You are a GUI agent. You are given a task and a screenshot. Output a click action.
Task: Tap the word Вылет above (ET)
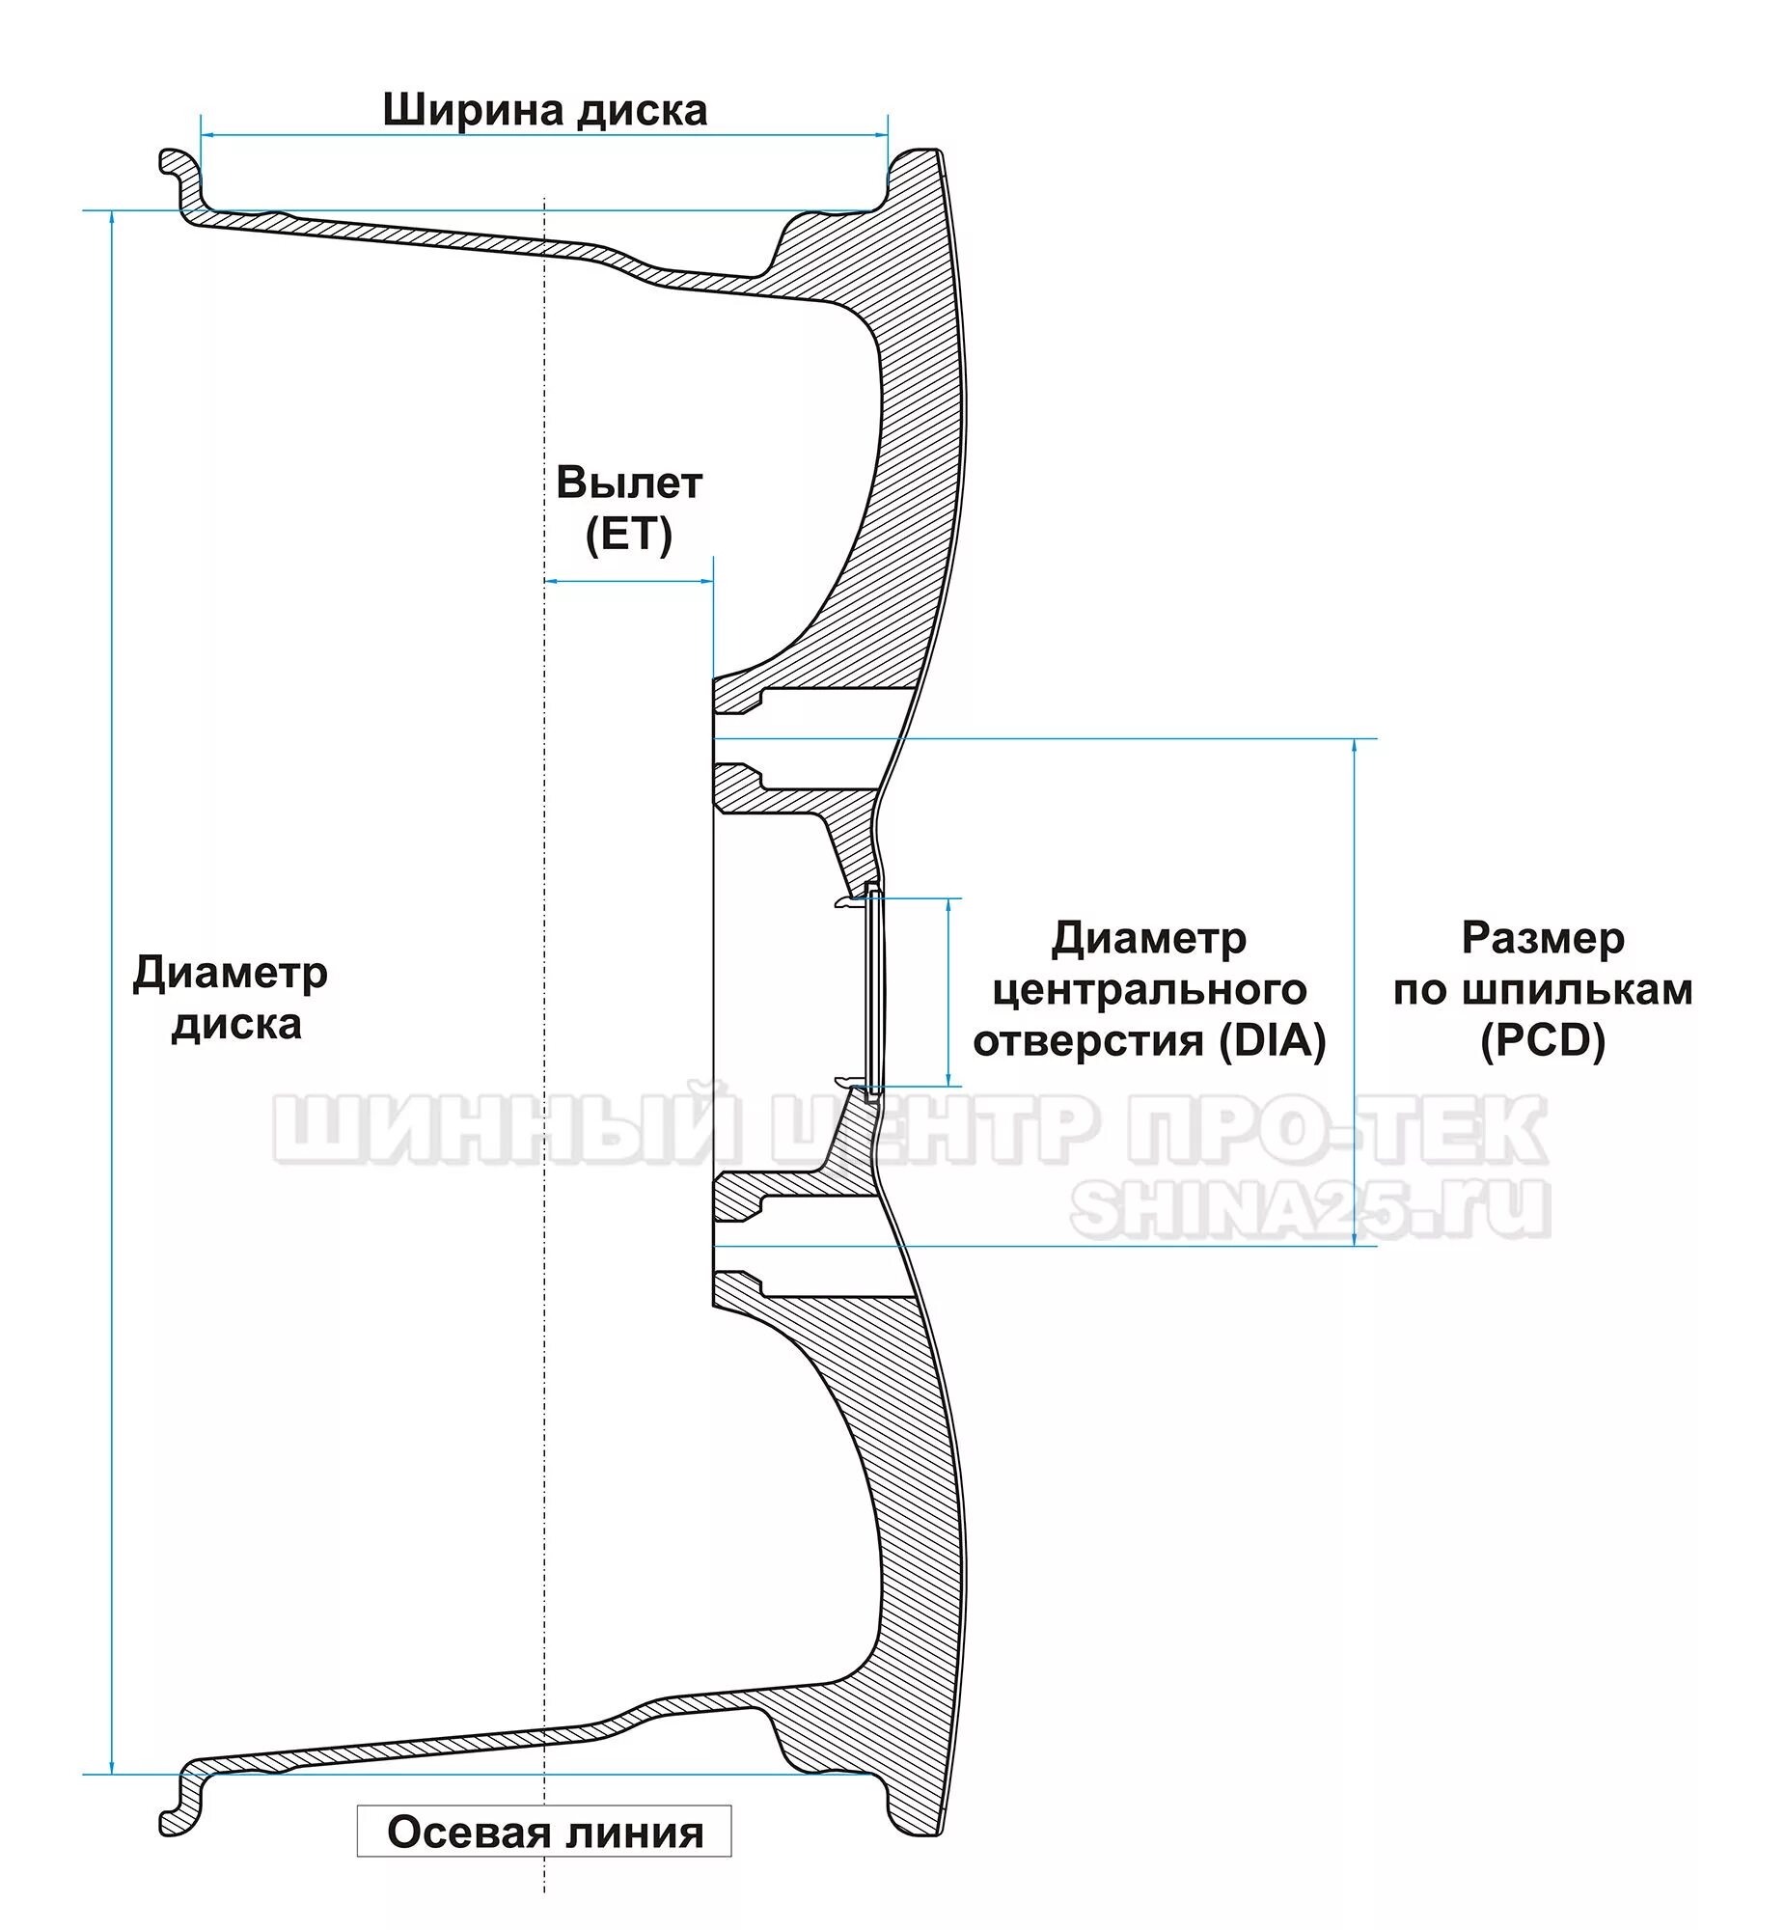pyautogui.click(x=629, y=484)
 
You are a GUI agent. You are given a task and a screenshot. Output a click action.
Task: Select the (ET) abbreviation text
pyautogui.click(x=629, y=536)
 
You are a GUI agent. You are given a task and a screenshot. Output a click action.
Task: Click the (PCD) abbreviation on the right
pyautogui.click(x=1543, y=1041)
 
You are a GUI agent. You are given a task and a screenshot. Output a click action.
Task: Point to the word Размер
pyautogui.click(x=1543, y=938)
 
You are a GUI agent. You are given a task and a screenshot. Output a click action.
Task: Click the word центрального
pyautogui.click(x=1149, y=990)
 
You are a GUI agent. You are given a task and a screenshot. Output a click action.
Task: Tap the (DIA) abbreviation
pyautogui.click(x=1272, y=1041)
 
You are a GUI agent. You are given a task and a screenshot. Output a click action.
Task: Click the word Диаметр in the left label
pyautogui.click(x=230, y=974)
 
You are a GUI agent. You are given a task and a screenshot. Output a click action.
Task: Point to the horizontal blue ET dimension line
pyautogui.click(x=629, y=582)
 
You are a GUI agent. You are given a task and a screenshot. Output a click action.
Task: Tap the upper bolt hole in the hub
pyautogui.click(x=811, y=739)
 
